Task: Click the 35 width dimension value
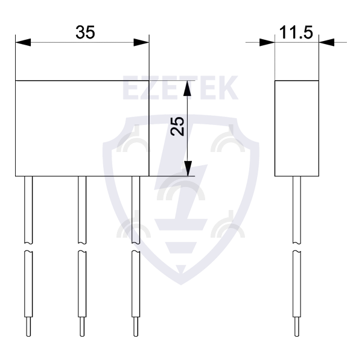pos(85,33)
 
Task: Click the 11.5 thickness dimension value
pos(296,33)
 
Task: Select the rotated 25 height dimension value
pos(177,127)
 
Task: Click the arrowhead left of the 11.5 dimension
pos(267,42)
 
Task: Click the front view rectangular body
pos(81,128)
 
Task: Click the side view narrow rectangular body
pos(296,128)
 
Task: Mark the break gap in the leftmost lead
pos(28,247)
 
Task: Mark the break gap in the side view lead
pos(296,247)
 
